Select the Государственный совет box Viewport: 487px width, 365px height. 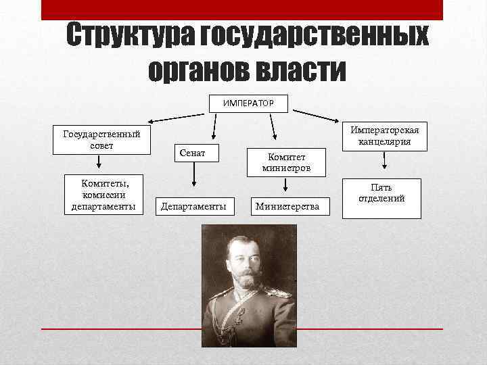(102, 140)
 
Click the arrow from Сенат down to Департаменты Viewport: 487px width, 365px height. (194, 175)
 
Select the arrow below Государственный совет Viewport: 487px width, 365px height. (99, 162)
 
